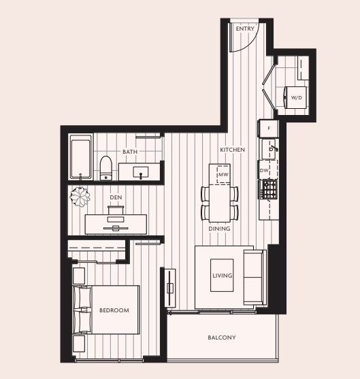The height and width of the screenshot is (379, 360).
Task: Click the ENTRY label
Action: (245, 29)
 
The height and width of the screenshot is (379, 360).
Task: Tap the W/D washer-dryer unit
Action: (295, 98)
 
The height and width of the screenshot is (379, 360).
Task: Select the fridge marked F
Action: (269, 129)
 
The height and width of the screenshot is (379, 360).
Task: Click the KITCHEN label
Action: (232, 150)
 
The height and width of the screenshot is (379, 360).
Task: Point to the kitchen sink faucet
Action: (274, 148)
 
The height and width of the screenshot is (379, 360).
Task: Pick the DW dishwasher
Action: (268, 170)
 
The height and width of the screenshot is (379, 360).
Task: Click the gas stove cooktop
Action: (269, 188)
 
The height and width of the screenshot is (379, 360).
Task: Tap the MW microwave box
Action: (223, 174)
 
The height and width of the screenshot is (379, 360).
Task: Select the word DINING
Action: (219, 229)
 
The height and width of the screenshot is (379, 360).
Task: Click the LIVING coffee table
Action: (222, 276)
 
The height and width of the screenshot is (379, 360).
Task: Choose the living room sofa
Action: (255, 277)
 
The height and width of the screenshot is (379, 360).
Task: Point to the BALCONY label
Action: (222, 337)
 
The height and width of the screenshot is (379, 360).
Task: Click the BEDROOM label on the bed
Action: (114, 310)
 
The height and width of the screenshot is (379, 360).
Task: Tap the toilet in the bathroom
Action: (105, 168)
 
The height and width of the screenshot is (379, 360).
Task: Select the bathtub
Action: (81, 157)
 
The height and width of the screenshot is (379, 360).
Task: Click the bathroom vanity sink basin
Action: (141, 172)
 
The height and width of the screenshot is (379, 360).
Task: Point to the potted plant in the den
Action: (80, 197)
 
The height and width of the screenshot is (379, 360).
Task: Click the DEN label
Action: (116, 197)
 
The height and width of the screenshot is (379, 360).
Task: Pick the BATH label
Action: (130, 152)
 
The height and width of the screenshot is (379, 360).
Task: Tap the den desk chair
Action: (116, 210)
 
